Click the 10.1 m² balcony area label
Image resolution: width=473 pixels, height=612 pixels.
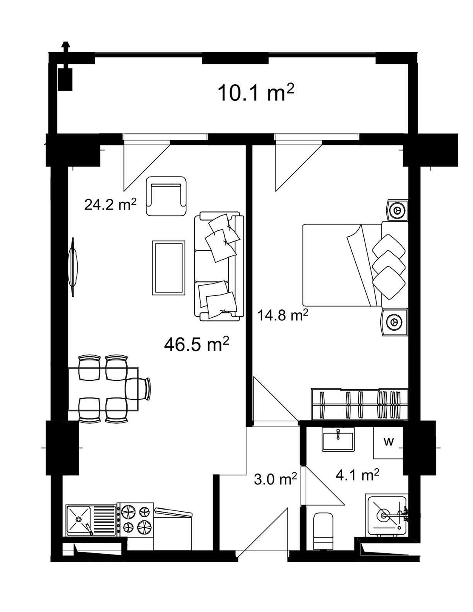click(256, 93)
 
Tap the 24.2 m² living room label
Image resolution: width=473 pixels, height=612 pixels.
click(110, 204)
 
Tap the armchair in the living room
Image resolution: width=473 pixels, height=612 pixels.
click(167, 197)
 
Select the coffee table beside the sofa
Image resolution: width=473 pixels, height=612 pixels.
click(169, 268)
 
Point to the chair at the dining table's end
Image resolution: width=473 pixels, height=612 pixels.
click(138, 388)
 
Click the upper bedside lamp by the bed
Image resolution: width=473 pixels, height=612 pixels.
click(397, 210)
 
